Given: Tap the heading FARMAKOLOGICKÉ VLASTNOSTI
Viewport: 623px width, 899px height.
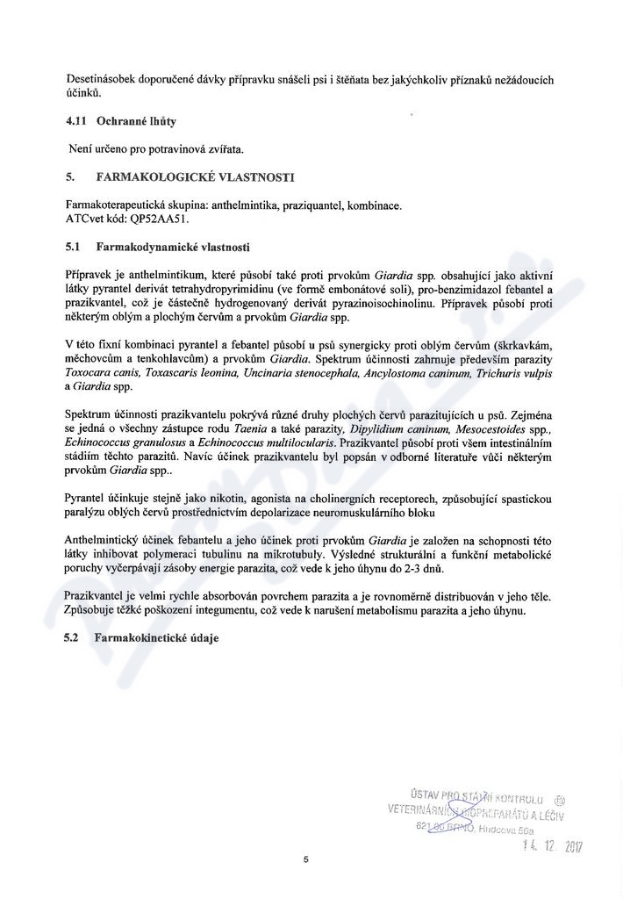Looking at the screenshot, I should pyautogui.click(x=195, y=177).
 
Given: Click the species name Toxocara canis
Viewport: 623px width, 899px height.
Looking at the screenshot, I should pyautogui.click(x=103, y=371).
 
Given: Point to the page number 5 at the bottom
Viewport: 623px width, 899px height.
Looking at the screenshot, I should pyautogui.click(x=305, y=860).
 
